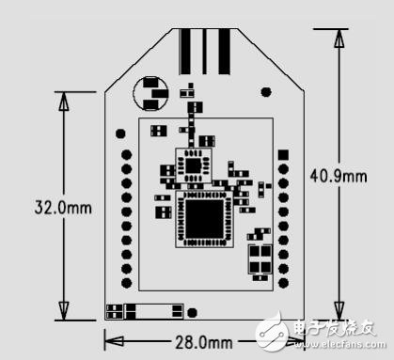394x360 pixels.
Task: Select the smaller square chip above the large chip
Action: [195, 164]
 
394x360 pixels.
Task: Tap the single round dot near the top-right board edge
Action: [266, 91]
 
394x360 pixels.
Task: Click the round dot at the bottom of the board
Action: [192, 312]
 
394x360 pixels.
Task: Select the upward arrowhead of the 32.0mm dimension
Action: [64, 102]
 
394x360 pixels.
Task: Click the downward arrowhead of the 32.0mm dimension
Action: [64, 310]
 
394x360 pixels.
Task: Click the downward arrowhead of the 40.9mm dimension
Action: [339, 310]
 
